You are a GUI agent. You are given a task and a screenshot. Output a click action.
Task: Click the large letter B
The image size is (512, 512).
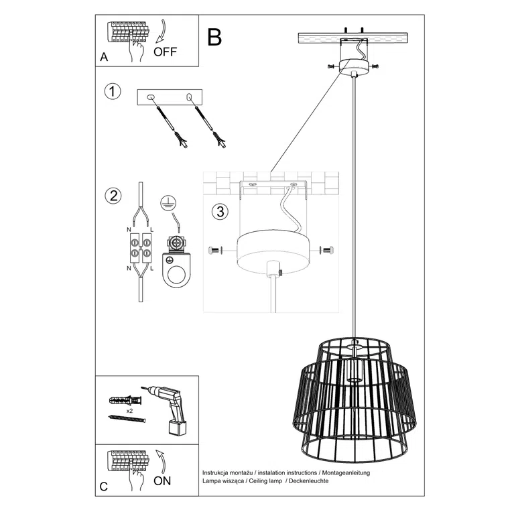214,37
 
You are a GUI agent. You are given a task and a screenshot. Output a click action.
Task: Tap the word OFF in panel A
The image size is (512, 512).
166,52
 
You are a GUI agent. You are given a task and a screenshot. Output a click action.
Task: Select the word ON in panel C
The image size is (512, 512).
162,480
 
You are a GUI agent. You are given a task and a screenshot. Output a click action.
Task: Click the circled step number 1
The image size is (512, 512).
113,92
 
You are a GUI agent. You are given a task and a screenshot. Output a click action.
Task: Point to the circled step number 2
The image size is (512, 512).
113,196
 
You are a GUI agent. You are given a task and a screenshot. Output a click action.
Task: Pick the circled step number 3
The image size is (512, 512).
219,212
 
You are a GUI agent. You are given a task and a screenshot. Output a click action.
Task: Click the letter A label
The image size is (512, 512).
104,58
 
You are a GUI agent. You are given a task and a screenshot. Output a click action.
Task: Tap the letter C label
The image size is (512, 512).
104,487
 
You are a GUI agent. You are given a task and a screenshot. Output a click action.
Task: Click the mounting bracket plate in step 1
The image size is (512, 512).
172,97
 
